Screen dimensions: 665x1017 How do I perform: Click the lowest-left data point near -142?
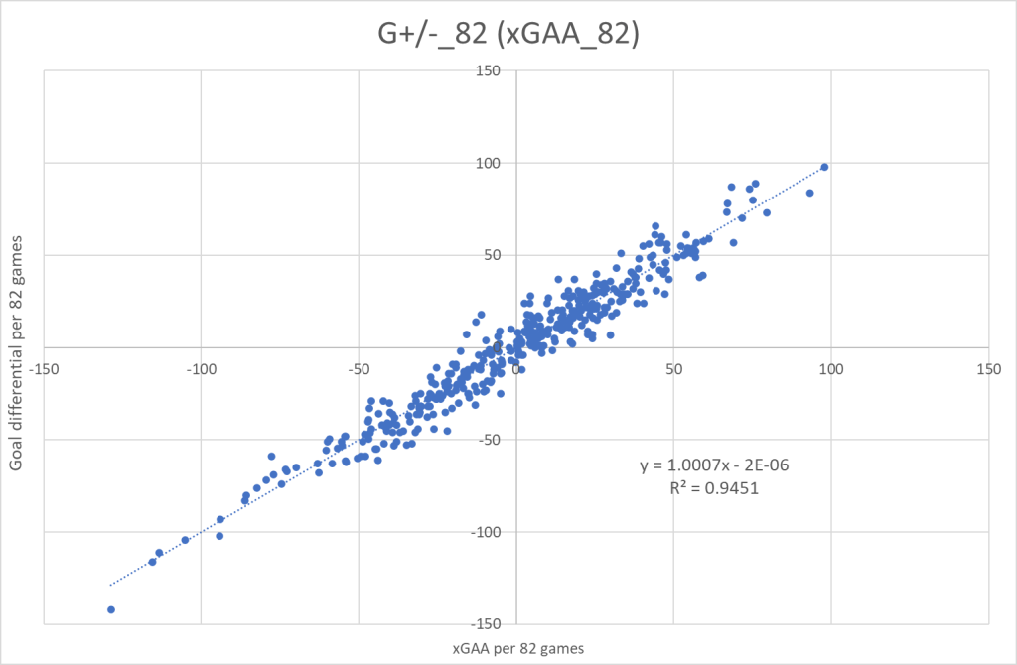pyautogui.click(x=111, y=609)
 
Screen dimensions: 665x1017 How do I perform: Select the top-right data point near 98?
pyautogui.click(x=824, y=167)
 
